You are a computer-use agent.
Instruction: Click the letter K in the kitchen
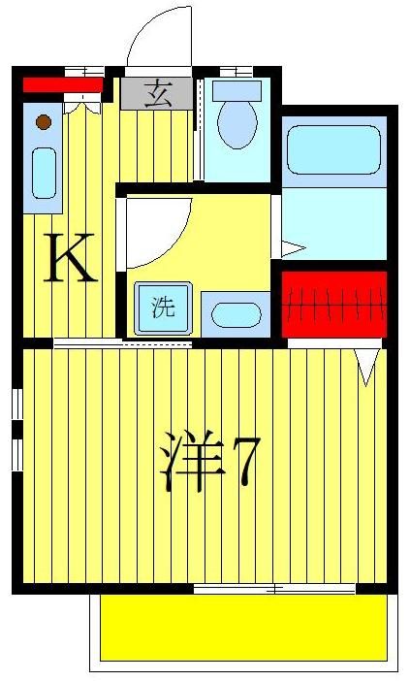71,260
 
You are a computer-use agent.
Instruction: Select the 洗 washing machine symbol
162,308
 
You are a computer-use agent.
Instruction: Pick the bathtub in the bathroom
332,149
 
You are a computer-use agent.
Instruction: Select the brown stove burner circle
43,121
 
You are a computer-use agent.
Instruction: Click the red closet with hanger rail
333,304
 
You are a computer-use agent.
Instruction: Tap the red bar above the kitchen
62,85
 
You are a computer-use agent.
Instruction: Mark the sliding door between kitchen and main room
123,342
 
